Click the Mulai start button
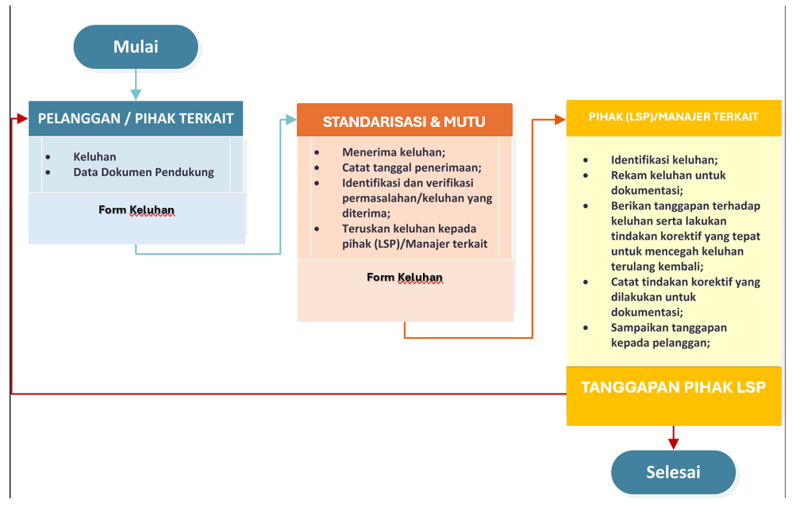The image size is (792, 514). pos(135,47)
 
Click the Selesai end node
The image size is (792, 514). pos(673,473)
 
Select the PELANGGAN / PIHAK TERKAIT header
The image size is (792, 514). pos(136,118)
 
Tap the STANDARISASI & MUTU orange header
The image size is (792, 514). pos(404,122)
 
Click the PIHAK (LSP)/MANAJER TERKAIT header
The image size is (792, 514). pos(673,117)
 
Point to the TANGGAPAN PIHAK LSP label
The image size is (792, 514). pos(673,388)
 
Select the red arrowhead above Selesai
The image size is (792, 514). pos(673,442)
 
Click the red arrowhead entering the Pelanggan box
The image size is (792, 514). pos(21,119)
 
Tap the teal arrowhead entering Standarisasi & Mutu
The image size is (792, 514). pos(290,121)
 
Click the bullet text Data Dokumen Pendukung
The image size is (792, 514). pos(144,172)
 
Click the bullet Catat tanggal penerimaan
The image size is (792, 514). pos(412,167)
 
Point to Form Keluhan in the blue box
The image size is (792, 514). pos(136,210)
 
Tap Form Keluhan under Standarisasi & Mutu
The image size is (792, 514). pos(405,278)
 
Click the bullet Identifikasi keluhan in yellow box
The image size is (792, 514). pos(664,159)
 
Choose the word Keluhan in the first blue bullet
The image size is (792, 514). pos(94,157)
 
